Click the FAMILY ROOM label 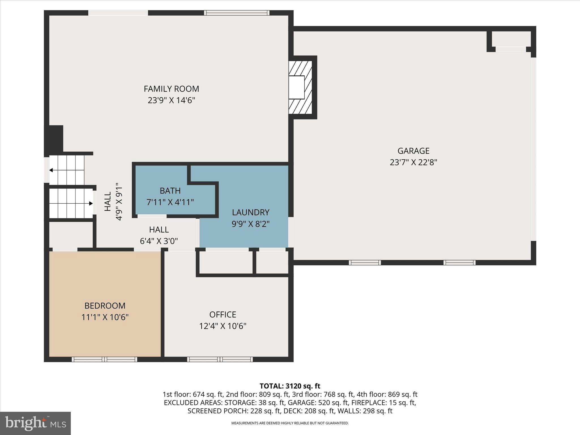tap(171, 89)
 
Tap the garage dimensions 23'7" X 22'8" tap(413, 162)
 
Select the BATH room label tap(170, 191)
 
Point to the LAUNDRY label tap(251, 212)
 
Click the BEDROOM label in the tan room tap(105, 306)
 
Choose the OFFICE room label tap(223, 315)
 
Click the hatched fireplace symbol tap(300, 87)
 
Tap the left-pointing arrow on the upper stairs tap(51, 170)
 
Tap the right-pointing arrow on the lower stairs tap(91, 203)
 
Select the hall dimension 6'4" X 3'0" tap(159, 241)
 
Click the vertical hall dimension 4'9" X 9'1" tap(119, 201)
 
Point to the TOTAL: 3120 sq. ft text tap(290, 386)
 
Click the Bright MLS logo tap(35, 423)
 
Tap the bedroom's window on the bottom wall tap(105, 359)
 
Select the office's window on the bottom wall tap(220, 359)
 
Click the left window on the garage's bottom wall tap(364, 263)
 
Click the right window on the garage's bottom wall tap(459, 263)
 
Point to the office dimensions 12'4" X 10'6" tap(223, 326)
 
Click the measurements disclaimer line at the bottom tap(290, 423)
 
